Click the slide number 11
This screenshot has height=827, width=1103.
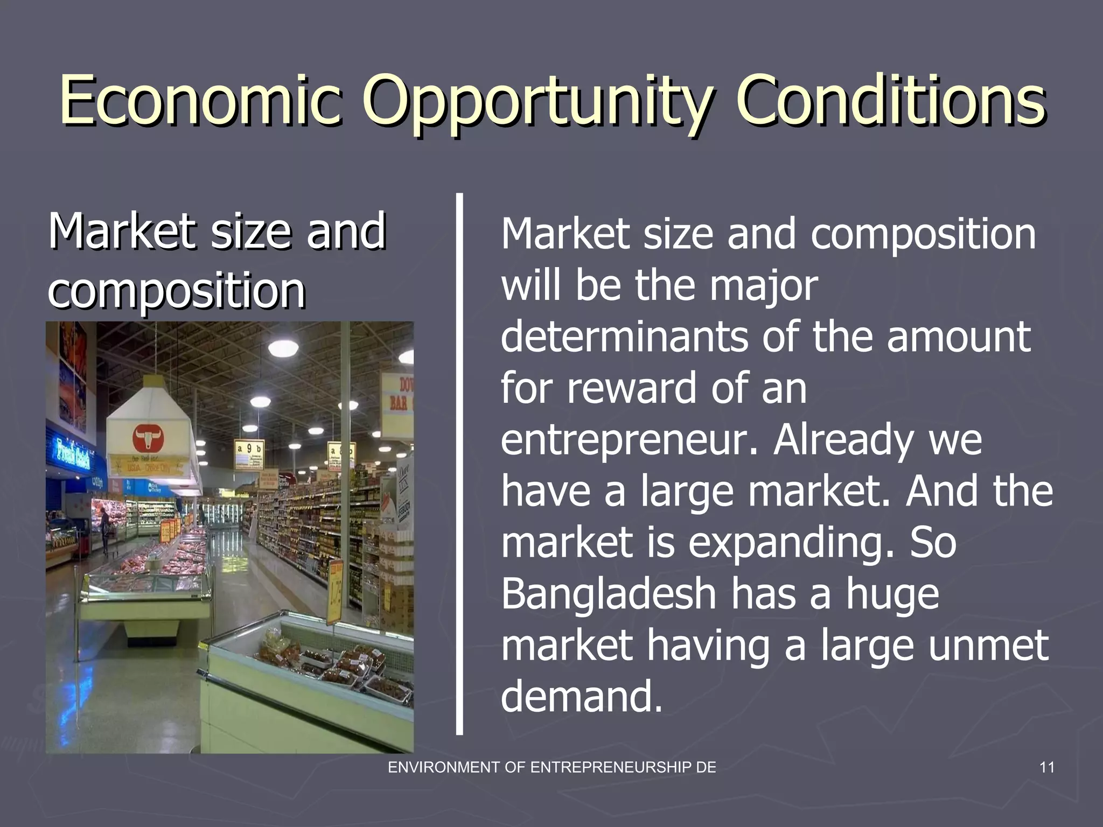click(1046, 767)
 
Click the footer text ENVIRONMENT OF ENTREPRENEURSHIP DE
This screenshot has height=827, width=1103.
click(552, 767)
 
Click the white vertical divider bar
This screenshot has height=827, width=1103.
click(459, 463)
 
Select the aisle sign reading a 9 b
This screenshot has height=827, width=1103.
click(249, 448)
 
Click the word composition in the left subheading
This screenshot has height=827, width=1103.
click(177, 290)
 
